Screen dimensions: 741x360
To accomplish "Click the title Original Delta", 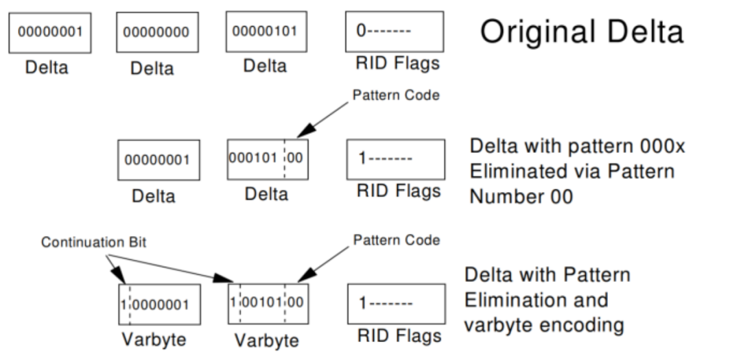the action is [582, 32].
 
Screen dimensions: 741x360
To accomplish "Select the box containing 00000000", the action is [157, 32].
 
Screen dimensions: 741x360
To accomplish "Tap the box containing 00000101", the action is [266, 32].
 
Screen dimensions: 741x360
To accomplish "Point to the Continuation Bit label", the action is [93, 242].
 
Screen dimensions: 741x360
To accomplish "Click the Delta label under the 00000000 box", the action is [152, 69].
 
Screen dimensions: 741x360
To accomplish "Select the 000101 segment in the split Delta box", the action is [252, 158].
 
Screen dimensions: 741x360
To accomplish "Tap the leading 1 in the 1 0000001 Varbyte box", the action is [123, 304].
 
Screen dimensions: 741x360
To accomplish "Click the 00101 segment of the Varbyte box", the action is [262, 302].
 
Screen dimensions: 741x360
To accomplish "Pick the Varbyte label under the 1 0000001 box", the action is [154, 339].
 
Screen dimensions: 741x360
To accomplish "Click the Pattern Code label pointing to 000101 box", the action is [396, 95].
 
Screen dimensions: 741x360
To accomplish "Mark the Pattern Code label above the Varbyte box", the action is [397, 240].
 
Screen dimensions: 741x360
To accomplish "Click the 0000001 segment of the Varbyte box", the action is [161, 304].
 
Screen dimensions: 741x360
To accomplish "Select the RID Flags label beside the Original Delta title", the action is [397, 63].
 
